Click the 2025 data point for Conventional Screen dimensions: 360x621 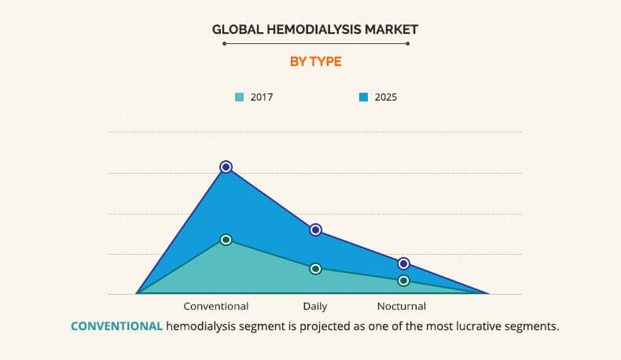click(226, 167)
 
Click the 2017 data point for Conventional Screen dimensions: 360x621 click(226, 240)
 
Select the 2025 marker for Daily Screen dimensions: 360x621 click(315, 230)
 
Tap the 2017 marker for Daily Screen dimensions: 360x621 click(315, 269)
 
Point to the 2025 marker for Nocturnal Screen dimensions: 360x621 click(403, 263)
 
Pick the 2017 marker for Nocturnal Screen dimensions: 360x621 click(403, 281)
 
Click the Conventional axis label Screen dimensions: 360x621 click(215, 307)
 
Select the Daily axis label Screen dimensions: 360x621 click(315, 307)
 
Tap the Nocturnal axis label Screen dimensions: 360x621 click(401, 307)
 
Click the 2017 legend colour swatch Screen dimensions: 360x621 click(239, 97)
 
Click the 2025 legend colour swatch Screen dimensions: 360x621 click(363, 97)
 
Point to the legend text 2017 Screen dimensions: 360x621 click(262, 97)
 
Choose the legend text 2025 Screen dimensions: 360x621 click(385, 97)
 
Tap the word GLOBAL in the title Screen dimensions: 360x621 click(233, 29)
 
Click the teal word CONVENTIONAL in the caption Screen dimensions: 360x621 click(116, 326)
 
